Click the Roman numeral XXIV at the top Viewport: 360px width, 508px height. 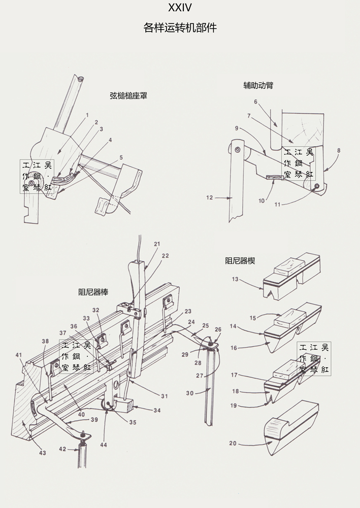click(180, 8)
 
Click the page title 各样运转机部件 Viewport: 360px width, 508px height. click(180, 27)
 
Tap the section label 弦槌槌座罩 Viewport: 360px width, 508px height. click(128, 96)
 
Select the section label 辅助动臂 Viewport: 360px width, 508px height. click(258, 85)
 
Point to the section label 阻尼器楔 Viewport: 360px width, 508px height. click(240, 261)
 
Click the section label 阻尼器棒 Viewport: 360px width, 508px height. click(93, 292)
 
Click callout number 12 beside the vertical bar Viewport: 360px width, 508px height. click(210, 197)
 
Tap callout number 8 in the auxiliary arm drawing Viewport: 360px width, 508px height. click(339, 150)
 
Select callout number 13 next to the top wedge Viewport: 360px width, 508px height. click(235, 279)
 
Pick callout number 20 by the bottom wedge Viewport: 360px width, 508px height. click(233, 443)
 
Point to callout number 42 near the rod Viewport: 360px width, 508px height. click(62, 449)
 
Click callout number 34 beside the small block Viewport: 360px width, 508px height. click(157, 410)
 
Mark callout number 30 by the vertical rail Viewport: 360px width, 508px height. click(190, 393)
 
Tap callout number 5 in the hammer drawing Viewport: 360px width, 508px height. click(121, 157)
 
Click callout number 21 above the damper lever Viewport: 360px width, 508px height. click(157, 244)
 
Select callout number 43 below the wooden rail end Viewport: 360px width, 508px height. click(43, 453)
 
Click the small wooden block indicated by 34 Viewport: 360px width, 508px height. click(124, 406)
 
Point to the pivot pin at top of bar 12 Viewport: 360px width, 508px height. click(238, 150)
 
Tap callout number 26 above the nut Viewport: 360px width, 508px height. click(218, 329)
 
